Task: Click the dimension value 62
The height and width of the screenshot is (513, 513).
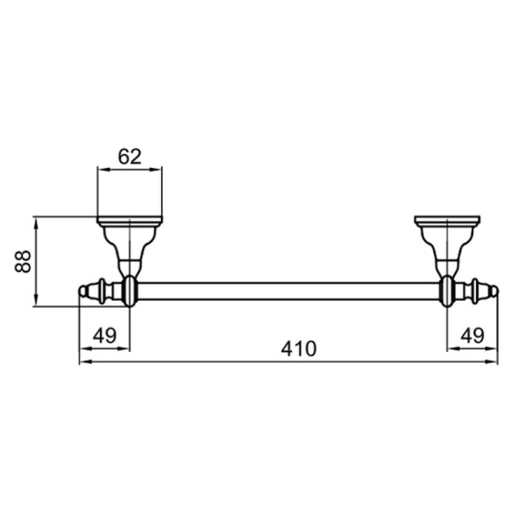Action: click(129, 157)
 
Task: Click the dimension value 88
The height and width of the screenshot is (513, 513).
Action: click(25, 261)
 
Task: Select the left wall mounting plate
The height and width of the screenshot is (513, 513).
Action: click(129, 217)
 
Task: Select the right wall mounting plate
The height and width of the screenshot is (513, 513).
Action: click(448, 217)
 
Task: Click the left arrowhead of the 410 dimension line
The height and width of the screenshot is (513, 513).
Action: click(83, 361)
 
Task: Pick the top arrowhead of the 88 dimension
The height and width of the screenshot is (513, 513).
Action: click(36, 218)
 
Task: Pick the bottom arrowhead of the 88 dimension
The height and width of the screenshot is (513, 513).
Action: click(36, 302)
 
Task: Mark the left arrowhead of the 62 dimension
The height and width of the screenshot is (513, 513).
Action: click(100, 171)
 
